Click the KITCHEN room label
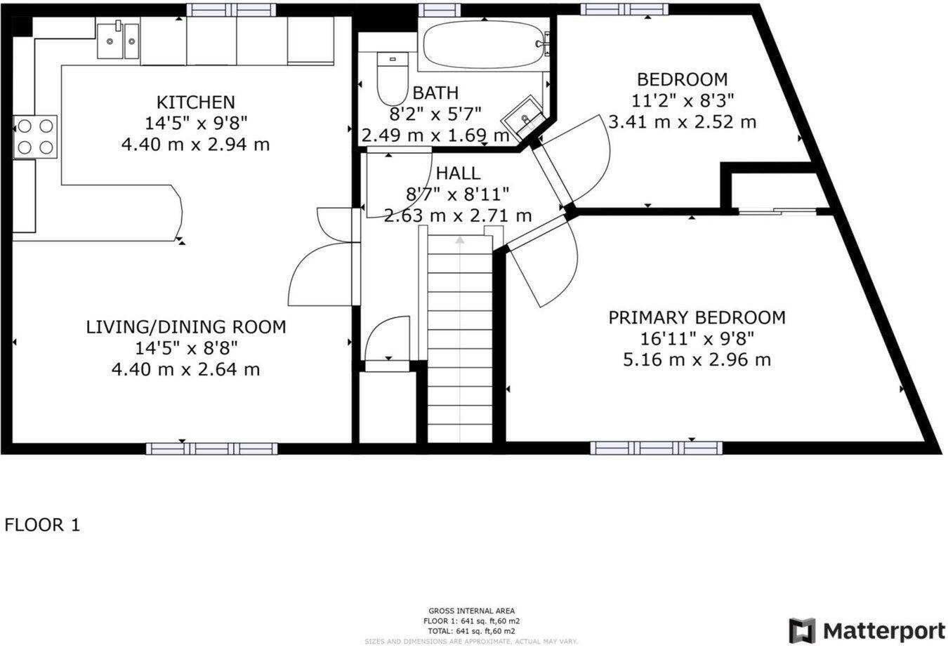click(195, 102)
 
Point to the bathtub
click(484, 44)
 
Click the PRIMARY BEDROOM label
click(697, 318)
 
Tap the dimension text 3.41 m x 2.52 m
click(682, 122)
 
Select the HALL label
click(458, 173)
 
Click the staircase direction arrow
click(459, 240)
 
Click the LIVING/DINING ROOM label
click(186, 327)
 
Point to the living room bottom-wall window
click(212, 448)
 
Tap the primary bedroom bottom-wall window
click(656, 448)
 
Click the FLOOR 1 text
click(43, 525)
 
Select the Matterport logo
click(867, 630)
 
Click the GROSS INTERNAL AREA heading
click(471, 611)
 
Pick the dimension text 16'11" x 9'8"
click(697, 339)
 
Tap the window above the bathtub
click(440, 9)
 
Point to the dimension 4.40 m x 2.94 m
click(195, 145)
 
